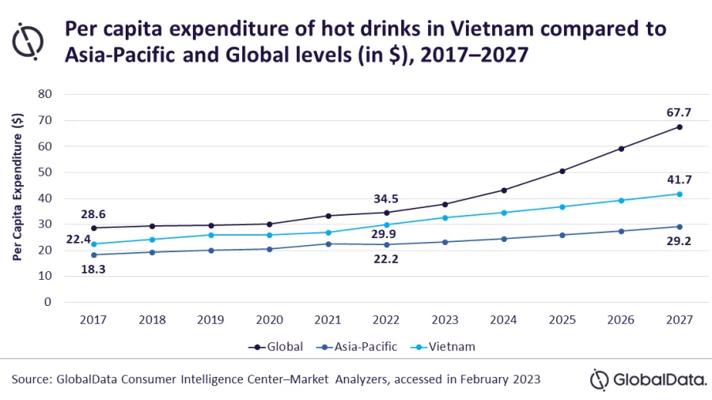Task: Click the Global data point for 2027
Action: pyautogui.click(x=679, y=127)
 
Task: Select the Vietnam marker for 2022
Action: pyautogui.click(x=387, y=225)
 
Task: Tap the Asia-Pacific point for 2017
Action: pyautogui.click(x=94, y=255)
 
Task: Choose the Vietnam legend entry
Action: pyautogui.click(x=450, y=346)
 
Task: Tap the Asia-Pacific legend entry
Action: pyautogui.click(x=365, y=346)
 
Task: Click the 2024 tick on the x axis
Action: pyautogui.click(x=503, y=320)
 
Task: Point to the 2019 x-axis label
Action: pyautogui.click(x=211, y=320)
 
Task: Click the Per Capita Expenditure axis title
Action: pyautogui.click(x=17, y=187)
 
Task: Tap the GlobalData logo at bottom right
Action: pyautogui.click(x=648, y=379)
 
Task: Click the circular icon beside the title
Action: pyautogui.click(x=29, y=41)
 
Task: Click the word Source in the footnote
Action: pyautogui.click(x=31, y=379)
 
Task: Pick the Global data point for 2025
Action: pyautogui.click(x=562, y=171)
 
